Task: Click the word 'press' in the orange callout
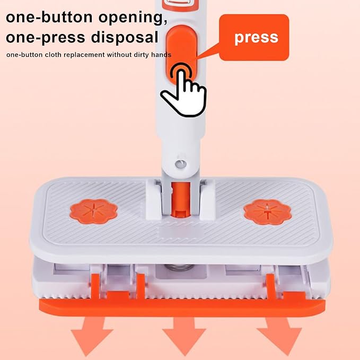(256, 38)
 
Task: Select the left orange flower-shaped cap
(93, 211)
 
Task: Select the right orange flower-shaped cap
(267, 212)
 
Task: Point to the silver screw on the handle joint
(181, 164)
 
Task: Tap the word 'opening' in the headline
(133, 18)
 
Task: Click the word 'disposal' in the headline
(125, 37)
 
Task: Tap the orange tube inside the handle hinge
(181, 199)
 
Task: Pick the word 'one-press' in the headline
(46, 38)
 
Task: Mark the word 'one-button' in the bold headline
(49, 17)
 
